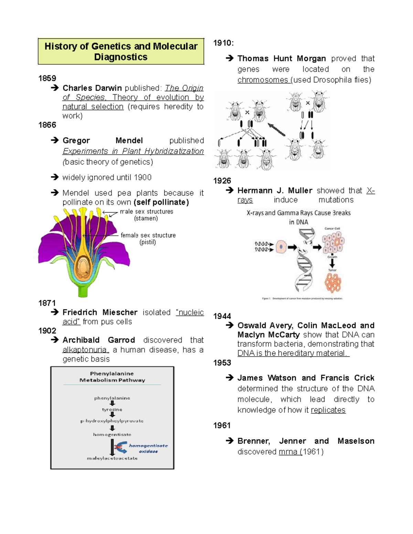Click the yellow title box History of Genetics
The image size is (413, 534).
pos(121,52)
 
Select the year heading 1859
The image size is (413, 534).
pos(47,78)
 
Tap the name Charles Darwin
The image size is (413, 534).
pos(92,88)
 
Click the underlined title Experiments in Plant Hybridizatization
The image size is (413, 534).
pos(133,151)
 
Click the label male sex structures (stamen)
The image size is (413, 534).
pos(146,215)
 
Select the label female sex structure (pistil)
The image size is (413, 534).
pos(148,239)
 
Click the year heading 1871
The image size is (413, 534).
pos(47,303)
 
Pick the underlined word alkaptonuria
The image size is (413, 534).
pos(85,350)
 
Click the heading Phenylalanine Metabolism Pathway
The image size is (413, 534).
pos(112,377)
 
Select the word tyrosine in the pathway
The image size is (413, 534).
pos(112,410)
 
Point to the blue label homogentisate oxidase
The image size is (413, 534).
pos(148,448)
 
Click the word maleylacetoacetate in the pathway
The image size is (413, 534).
pos(112,458)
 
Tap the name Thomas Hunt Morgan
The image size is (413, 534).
pos(282,58)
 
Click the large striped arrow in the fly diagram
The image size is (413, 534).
pos(276,129)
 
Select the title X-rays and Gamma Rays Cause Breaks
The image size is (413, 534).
pos(298,213)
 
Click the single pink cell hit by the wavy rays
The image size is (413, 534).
pos(281,247)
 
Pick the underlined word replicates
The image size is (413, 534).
pos(328,410)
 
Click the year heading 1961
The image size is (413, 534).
pos(222,425)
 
